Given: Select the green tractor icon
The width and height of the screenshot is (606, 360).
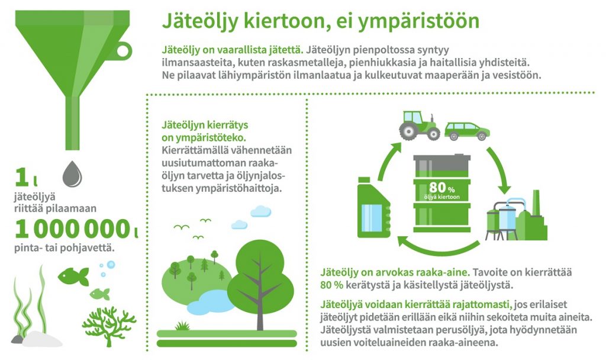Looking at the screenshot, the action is pyautogui.click(x=420, y=126).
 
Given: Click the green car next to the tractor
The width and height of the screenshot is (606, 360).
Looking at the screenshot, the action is pyautogui.click(x=467, y=131).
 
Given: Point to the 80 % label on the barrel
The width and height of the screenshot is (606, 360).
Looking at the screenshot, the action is pyautogui.click(x=441, y=188).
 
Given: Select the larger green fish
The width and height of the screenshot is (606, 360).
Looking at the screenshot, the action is pyautogui.click(x=73, y=276).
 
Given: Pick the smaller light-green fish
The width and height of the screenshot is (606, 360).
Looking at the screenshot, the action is pyautogui.click(x=99, y=294).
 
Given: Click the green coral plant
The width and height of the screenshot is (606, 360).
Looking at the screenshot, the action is pyautogui.click(x=109, y=326).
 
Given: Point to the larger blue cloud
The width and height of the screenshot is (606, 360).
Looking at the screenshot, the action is pyautogui.click(x=260, y=211).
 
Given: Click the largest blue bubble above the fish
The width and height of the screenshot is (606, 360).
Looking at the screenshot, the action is pyautogui.click(x=111, y=265).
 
